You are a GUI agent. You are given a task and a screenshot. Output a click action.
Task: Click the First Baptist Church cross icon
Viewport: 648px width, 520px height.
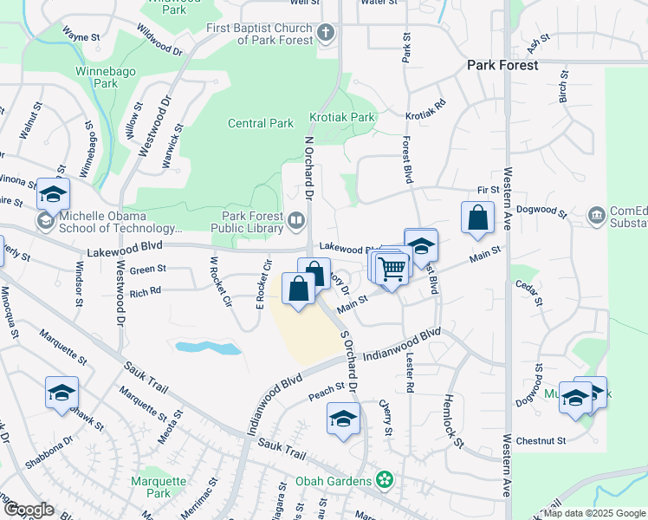(x=326, y=34)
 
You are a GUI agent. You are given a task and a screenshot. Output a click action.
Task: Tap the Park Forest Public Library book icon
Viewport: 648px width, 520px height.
(x=296, y=221)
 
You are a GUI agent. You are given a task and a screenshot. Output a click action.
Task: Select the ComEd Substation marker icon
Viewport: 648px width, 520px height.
(x=596, y=215)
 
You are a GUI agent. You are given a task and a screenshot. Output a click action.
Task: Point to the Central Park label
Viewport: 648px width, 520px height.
(x=261, y=123)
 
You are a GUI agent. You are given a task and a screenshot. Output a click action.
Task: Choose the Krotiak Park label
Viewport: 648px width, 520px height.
(x=342, y=117)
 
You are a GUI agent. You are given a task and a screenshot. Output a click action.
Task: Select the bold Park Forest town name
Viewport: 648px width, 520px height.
(x=502, y=65)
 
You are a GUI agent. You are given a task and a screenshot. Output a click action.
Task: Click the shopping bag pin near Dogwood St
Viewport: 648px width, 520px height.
(x=477, y=218)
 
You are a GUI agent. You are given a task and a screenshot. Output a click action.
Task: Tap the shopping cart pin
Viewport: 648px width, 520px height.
(x=392, y=269)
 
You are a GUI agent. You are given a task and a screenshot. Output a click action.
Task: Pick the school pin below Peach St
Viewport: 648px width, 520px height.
(x=343, y=419)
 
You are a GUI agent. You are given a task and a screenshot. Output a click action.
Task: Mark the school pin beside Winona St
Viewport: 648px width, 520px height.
(x=53, y=195)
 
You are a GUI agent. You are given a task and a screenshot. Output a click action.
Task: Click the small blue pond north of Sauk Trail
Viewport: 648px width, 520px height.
(x=208, y=348)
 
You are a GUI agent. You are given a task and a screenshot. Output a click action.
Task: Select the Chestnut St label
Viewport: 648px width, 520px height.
(x=541, y=441)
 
